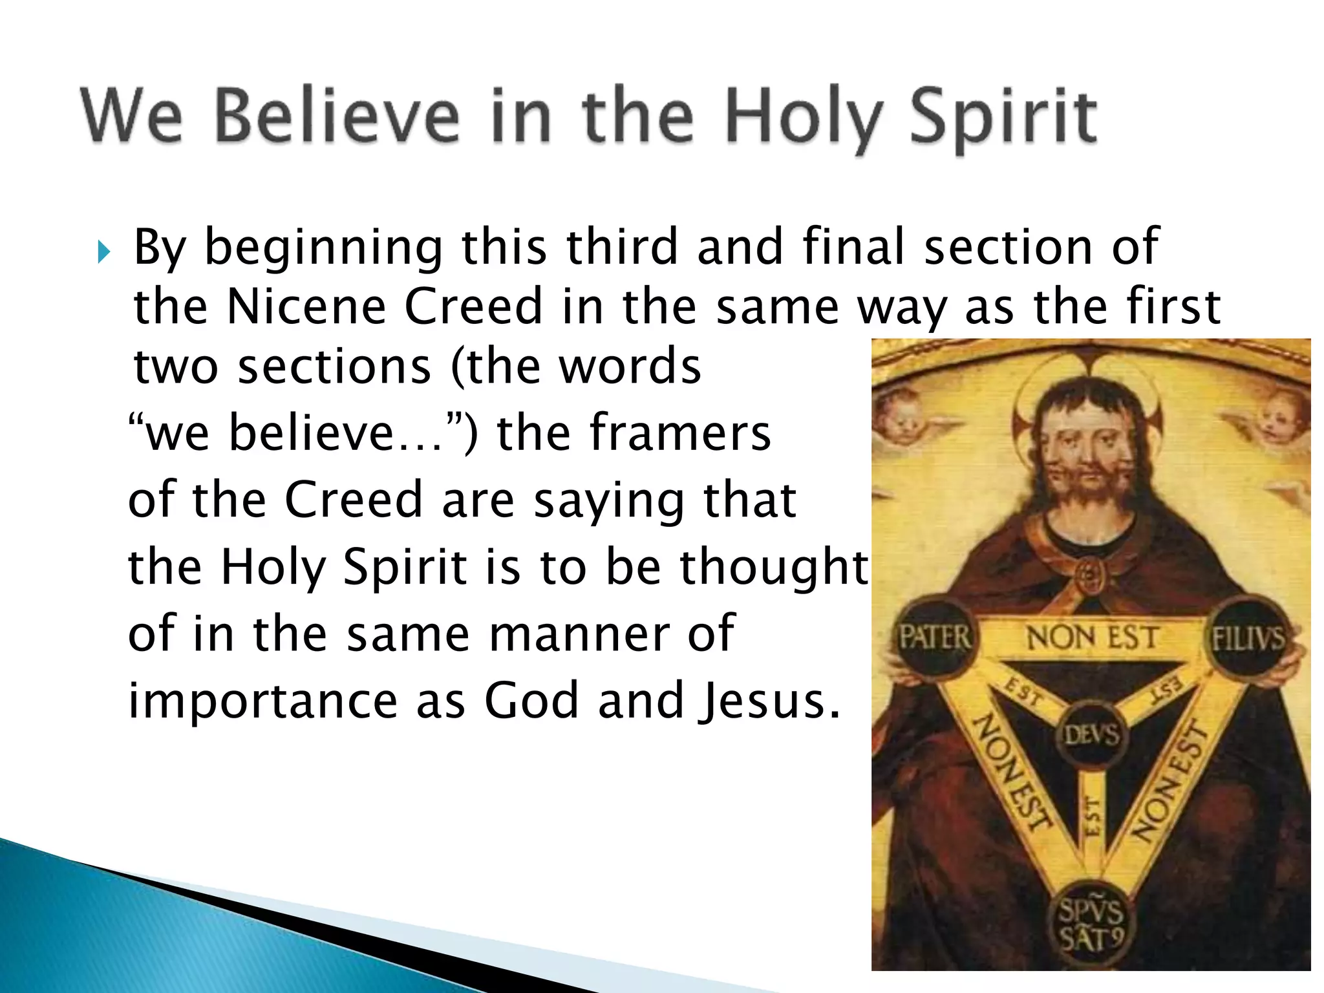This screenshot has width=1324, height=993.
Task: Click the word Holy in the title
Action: [x=804, y=118]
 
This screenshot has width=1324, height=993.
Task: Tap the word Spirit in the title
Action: [x=1004, y=118]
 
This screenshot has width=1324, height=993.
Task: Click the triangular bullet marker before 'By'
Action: [x=103, y=252]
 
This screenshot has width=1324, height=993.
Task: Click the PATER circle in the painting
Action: [x=935, y=638]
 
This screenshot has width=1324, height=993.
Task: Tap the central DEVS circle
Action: [x=1091, y=734]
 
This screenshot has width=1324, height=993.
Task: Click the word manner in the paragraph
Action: [x=579, y=633]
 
